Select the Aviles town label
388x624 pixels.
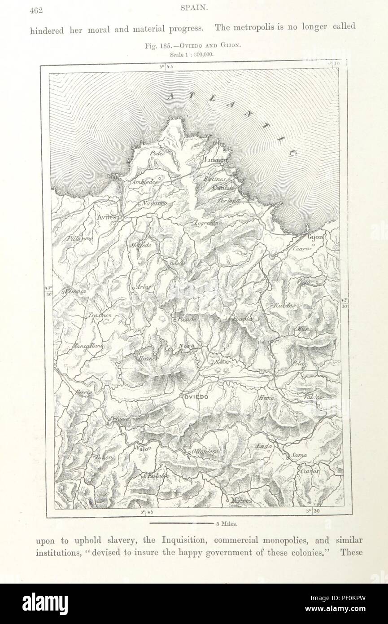point(106,217)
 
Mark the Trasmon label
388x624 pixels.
point(100,315)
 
